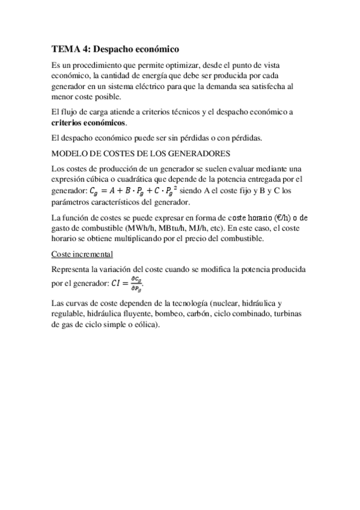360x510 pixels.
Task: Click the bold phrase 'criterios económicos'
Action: point(89,123)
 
